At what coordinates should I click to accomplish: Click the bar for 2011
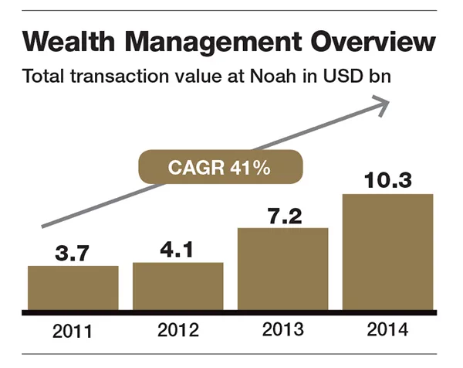click(73, 288)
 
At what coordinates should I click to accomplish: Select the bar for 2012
click(178, 286)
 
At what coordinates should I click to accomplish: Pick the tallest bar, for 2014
click(387, 251)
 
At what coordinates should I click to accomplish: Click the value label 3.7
click(73, 252)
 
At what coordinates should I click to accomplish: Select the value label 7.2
click(283, 215)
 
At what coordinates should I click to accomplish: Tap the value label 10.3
click(387, 181)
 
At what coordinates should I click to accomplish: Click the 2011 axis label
click(73, 332)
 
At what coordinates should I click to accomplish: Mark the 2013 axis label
click(283, 330)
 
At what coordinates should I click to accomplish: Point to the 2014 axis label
click(388, 330)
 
